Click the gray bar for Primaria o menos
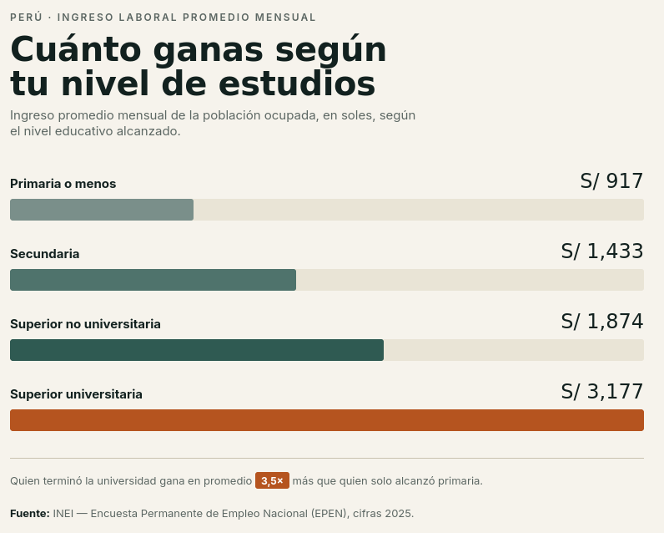click(x=102, y=210)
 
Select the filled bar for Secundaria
click(x=153, y=280)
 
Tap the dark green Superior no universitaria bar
click(x=197, y=350)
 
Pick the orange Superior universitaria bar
click(x=327, y=420)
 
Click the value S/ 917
click(x=611, y=181)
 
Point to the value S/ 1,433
click(x=602, y=251)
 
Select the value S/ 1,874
click(x=602, y=322)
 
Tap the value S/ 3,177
click(x=602, y=392)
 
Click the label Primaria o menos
click(x=63, y=184)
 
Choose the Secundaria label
click(x=45, y=254)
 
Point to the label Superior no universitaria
click(x=86, y=324)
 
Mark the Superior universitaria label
click(x=76, y=394)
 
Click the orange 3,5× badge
click(x=272, y=480)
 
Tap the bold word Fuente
click(x=30, y=514)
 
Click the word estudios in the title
click(x=297, y=84)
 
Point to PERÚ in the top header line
click(x=26, y=18)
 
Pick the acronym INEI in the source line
click(x=63, y=514)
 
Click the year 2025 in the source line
click(x=400, y=514)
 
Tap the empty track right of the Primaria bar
click(x=419, y=210)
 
